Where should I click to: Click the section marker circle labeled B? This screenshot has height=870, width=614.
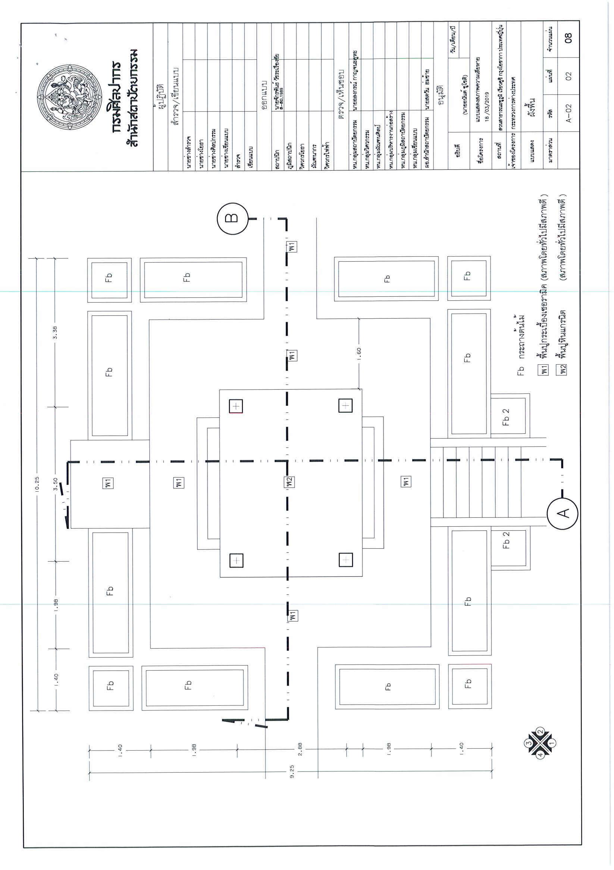point(232,218)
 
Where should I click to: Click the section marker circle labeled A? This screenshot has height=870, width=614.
point(562,513)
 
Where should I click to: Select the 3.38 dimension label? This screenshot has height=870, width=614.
point(55,332)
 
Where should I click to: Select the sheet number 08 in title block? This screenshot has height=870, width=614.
point(568,38)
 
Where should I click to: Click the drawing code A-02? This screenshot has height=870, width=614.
point(568,113)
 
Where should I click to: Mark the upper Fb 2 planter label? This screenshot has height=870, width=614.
point(506,417)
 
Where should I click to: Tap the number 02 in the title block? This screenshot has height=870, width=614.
point(568,76)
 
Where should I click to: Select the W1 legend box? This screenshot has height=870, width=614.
point(544,369)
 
